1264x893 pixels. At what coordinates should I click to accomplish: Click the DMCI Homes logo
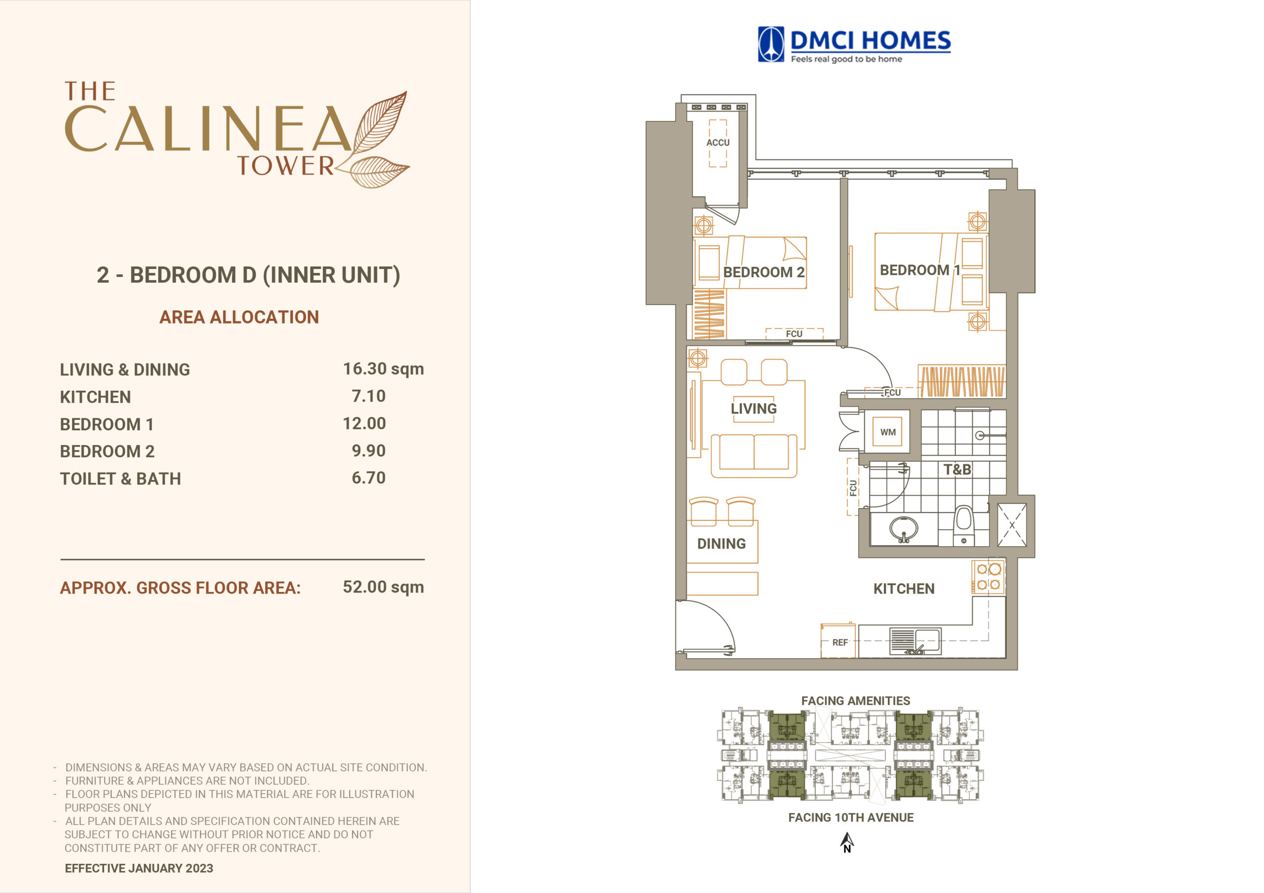pyautogui.click(x=854, y=44)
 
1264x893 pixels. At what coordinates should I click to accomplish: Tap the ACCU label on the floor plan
pyautogui.click(x=718, y=143)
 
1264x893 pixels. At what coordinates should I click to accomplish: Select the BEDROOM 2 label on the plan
pyautogui.click(x=763, y=272)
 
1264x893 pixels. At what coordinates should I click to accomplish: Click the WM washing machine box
pyautogui.click(x=887, y=432)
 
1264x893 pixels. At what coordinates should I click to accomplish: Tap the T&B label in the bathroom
pyautogui.click(x=957, y=469)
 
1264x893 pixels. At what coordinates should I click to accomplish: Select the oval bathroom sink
pyautogui.click(x=904, y=529)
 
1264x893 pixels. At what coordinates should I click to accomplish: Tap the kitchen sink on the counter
pyautogui.click(x=915, y=641)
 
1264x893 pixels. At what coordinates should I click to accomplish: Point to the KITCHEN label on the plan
pyautogui.click(x=904, y=589)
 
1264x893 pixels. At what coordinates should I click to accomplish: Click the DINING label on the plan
pyautogui.click(x=721, y=544)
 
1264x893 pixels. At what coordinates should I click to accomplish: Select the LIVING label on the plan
pyautogui.click(x=753, y=409)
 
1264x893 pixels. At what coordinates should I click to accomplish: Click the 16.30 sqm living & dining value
pyautogui.click(x=383, y=369)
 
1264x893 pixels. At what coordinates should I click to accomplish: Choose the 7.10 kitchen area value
pyautogui.click(x=368, y=396)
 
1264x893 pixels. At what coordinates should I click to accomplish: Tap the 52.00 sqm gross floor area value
pyautogui.click(x=383, y=587)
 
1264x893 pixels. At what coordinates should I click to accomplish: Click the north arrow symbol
pyautogui.click(x=847, y=842)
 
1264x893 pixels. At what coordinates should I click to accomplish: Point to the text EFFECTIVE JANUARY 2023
pyautogui.click(x=139, y=868)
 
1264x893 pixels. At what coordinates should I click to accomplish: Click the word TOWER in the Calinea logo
pyautogui.click(x=286, y=166)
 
